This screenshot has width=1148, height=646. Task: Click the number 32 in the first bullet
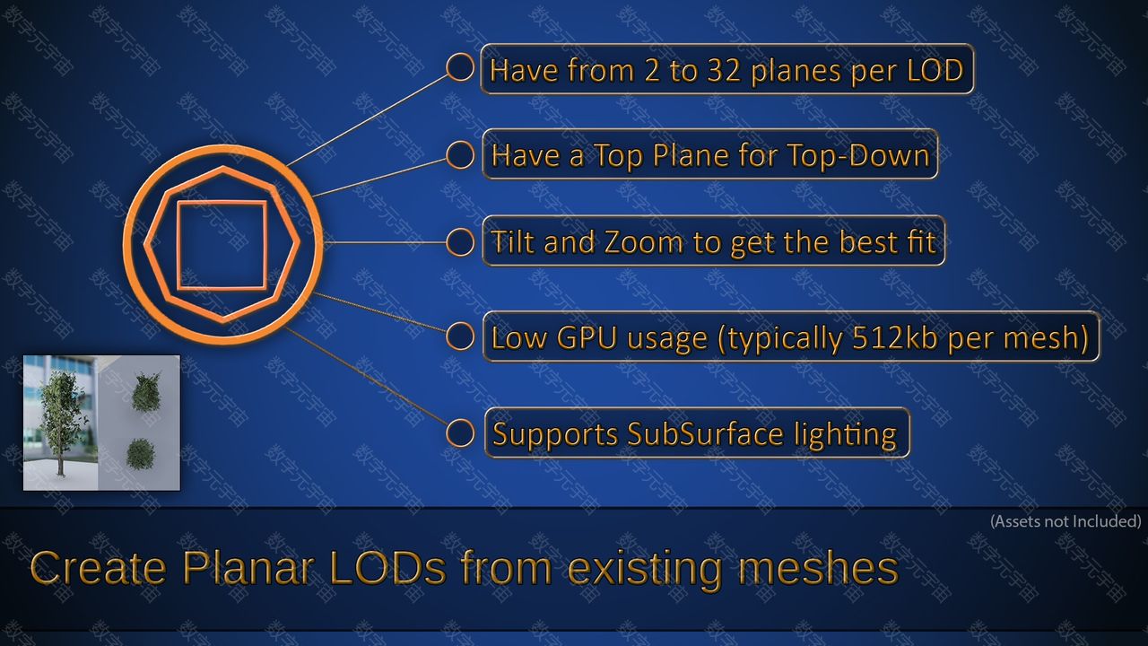click(724, 70)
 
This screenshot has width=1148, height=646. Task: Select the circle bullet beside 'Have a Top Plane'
click(460, 154)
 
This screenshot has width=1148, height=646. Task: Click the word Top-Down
click(858, 155)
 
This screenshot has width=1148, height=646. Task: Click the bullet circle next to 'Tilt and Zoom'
click(460, 242)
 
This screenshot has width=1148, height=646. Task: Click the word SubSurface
click(705, 433)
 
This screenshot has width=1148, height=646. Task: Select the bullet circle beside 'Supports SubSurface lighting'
click(460, 433)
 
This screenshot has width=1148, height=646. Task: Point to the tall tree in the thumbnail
click(61, 422)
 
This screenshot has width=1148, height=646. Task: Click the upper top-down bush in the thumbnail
click(145, 392)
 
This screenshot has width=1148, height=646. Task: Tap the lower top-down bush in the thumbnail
click(141, 454)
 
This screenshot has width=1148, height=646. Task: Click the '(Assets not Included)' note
click(1065, 521)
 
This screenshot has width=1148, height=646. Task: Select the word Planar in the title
click(248, 568)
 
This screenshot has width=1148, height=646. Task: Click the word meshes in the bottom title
click(818, 568)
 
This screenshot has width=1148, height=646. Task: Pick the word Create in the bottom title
click(99, 568)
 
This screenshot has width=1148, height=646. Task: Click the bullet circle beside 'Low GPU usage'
click(460, 336)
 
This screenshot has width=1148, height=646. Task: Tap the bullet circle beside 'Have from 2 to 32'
click(460, 67)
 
